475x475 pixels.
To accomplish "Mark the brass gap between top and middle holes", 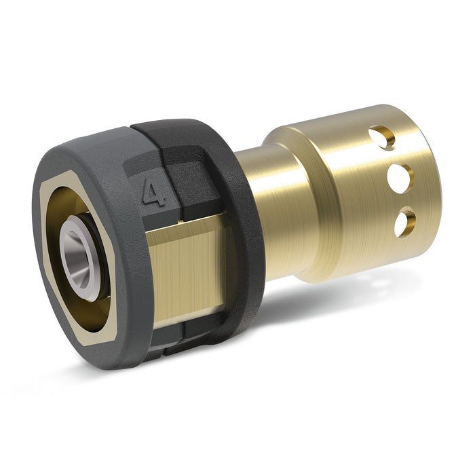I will (x=392, y=159).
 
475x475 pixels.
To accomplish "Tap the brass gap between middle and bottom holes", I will (x=401, y=202).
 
